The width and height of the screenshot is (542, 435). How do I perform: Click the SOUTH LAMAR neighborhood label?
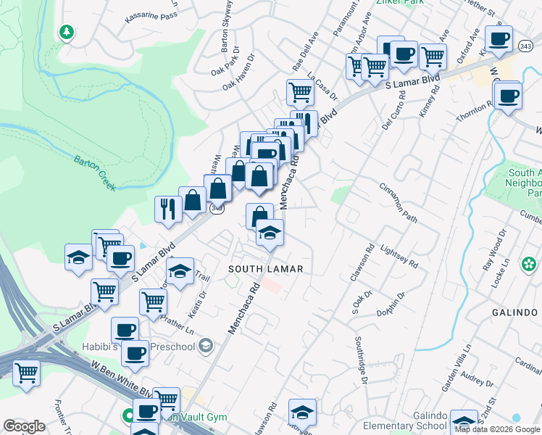(264, 269)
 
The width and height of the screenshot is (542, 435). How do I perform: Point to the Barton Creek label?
(94, 172)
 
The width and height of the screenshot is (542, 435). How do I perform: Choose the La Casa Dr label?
(322, 86)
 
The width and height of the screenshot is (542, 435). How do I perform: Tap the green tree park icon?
(67, 33)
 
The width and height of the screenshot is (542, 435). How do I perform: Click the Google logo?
(24, 426)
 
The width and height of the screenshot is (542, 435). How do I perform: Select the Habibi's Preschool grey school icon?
(207, 345)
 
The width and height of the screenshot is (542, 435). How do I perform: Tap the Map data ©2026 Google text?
(496, 429)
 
